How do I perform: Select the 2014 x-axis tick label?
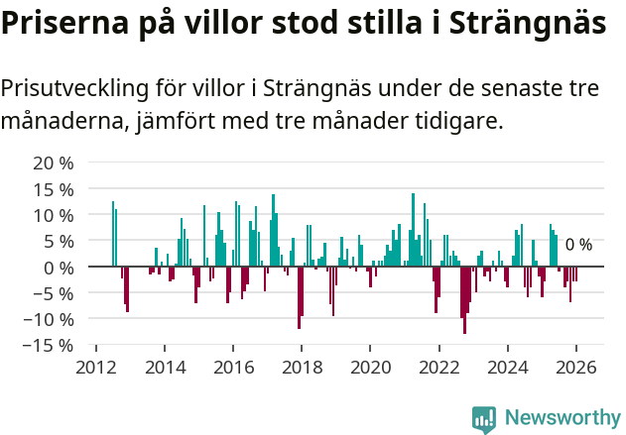pyautogui.click(x=165, y=367)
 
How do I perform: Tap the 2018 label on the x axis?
pyautogui.click(x=302, y=367)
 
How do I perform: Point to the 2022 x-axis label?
pyautogui.click(x=439, y=367)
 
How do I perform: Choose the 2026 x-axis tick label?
pyautogui.click(x=576, y=367)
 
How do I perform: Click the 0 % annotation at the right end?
pyautogui.click(x=578, y=245)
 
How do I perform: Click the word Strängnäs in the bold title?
pyautogui.click(x=520, y=25)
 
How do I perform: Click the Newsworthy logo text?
pyautogui.click(x=562, y=418)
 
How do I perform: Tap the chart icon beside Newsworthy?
pyautogui.click(x=484, y=419)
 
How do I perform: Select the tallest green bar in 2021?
pyautogui.click(x=413, y=230)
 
